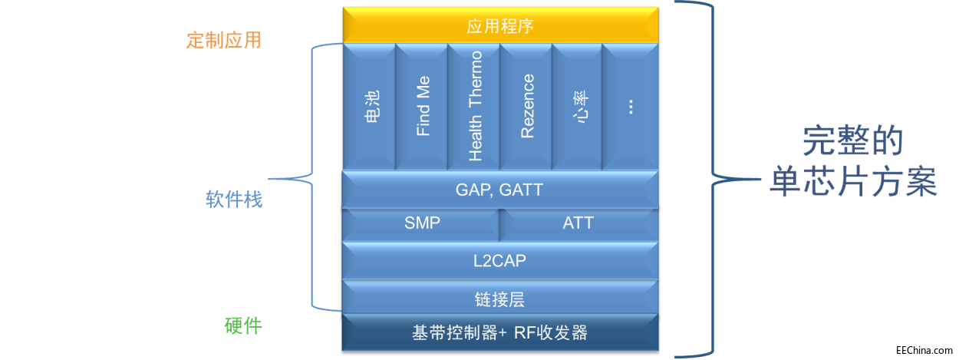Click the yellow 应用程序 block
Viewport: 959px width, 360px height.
[500, 25]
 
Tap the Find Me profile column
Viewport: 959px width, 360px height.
[421, 107]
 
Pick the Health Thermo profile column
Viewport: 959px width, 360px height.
[473, 107]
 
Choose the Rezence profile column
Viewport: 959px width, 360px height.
[526, 107]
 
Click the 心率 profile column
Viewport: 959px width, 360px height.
[578, 107]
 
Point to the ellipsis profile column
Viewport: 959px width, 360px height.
[631, 107]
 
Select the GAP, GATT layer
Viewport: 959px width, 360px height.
[500, 190]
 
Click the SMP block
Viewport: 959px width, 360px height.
[421, 223]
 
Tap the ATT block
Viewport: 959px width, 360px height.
[578, 223]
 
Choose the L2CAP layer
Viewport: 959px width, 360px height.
[500, 260]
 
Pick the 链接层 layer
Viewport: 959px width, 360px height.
[500, 297]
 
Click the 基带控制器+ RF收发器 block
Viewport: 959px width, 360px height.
[500, 333]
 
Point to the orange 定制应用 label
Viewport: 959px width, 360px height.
[223, 40]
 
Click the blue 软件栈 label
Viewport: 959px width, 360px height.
[233, 200]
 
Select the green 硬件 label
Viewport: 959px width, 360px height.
[242, 326]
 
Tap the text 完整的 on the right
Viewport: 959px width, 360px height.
[852, 141]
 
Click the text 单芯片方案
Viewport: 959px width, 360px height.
[852, 183]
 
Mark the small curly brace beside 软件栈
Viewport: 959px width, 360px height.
[311, 178]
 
